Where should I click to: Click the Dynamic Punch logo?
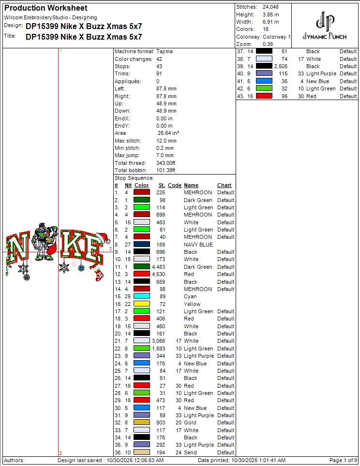coord(324,27)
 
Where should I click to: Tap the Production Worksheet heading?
coord(46,8)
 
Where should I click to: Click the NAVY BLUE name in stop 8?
coord(198,245)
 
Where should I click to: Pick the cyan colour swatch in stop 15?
coord(142,296)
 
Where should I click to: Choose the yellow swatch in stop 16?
coord(142,304)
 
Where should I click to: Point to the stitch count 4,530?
coord(158,274)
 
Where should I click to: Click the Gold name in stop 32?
coord(190,423)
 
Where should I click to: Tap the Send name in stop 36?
coord(190,452)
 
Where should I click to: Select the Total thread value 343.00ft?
coord(165,163)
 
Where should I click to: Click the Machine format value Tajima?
coord(165,51)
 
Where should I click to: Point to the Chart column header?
coord(225,185)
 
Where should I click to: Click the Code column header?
coord(175,185)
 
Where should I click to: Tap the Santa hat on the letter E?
coord(103,237)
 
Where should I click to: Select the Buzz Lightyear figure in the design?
coord(45,241)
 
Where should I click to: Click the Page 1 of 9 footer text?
coord(343,460)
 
